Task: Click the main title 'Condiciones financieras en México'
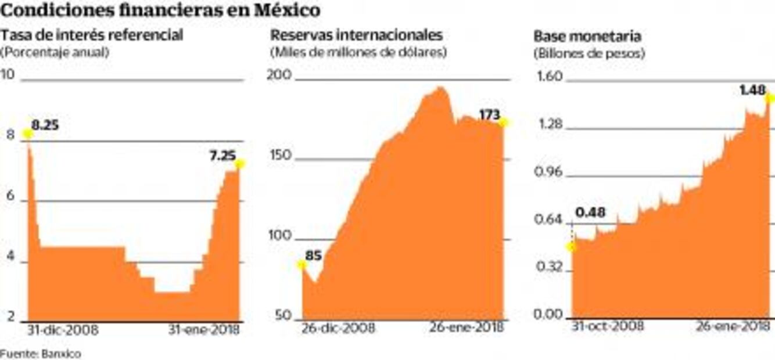[x=160, y=11]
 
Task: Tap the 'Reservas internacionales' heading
[x=356, y=35]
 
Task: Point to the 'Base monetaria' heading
[x=587, y=36]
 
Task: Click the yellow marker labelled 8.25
[x=27, y=134]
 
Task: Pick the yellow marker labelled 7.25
[x=240, y=164]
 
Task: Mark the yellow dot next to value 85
[x=302, y=265]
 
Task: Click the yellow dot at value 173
[x=504, y=123]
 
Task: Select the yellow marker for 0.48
[x=572, y=247]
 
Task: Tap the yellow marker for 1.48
[x=770, y=98]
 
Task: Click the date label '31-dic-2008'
[x=63, y=330]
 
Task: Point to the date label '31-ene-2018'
[x=204, y=330]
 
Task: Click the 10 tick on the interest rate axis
[x=8, y=75]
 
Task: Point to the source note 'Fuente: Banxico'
[x=41, y=353]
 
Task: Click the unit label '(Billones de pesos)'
[x=589, y=53]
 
